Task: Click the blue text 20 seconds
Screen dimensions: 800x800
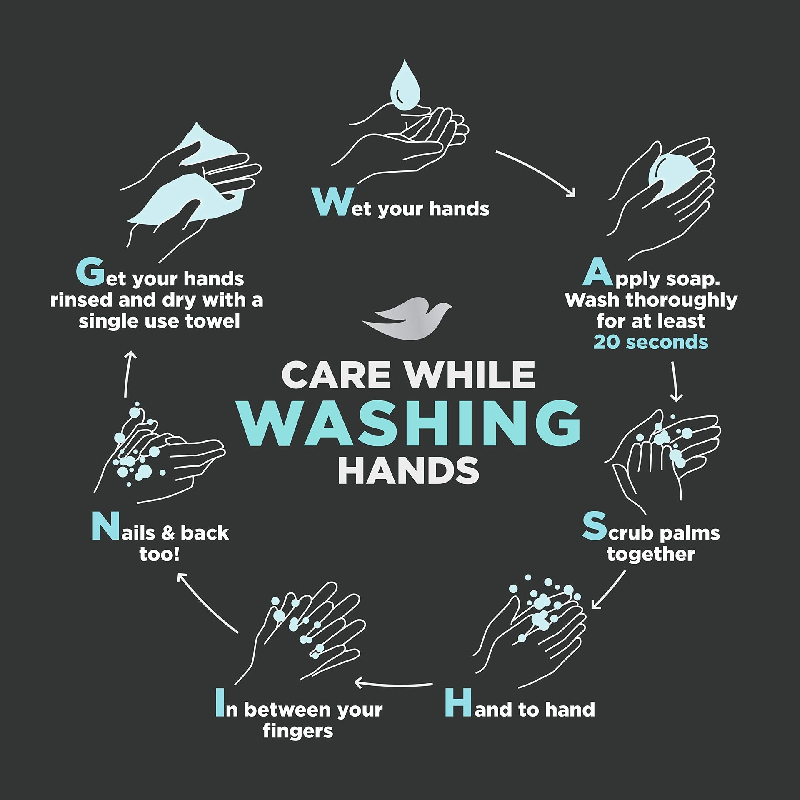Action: click(651, 342)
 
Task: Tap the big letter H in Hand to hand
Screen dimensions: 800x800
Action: click(459, 703)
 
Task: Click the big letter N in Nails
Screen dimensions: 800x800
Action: click(102, 526)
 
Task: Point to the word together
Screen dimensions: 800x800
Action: click(651, 555)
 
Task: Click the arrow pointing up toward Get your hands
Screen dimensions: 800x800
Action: click(127, 373)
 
